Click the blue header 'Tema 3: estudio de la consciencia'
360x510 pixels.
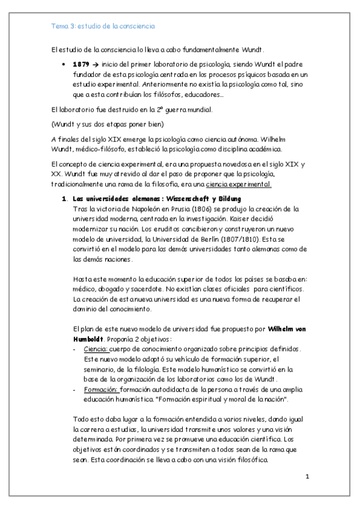point(103,27)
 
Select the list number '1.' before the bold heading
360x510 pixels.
point(64,198)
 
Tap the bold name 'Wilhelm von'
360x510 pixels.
point(289,330)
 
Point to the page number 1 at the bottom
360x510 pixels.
point(307,478)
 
